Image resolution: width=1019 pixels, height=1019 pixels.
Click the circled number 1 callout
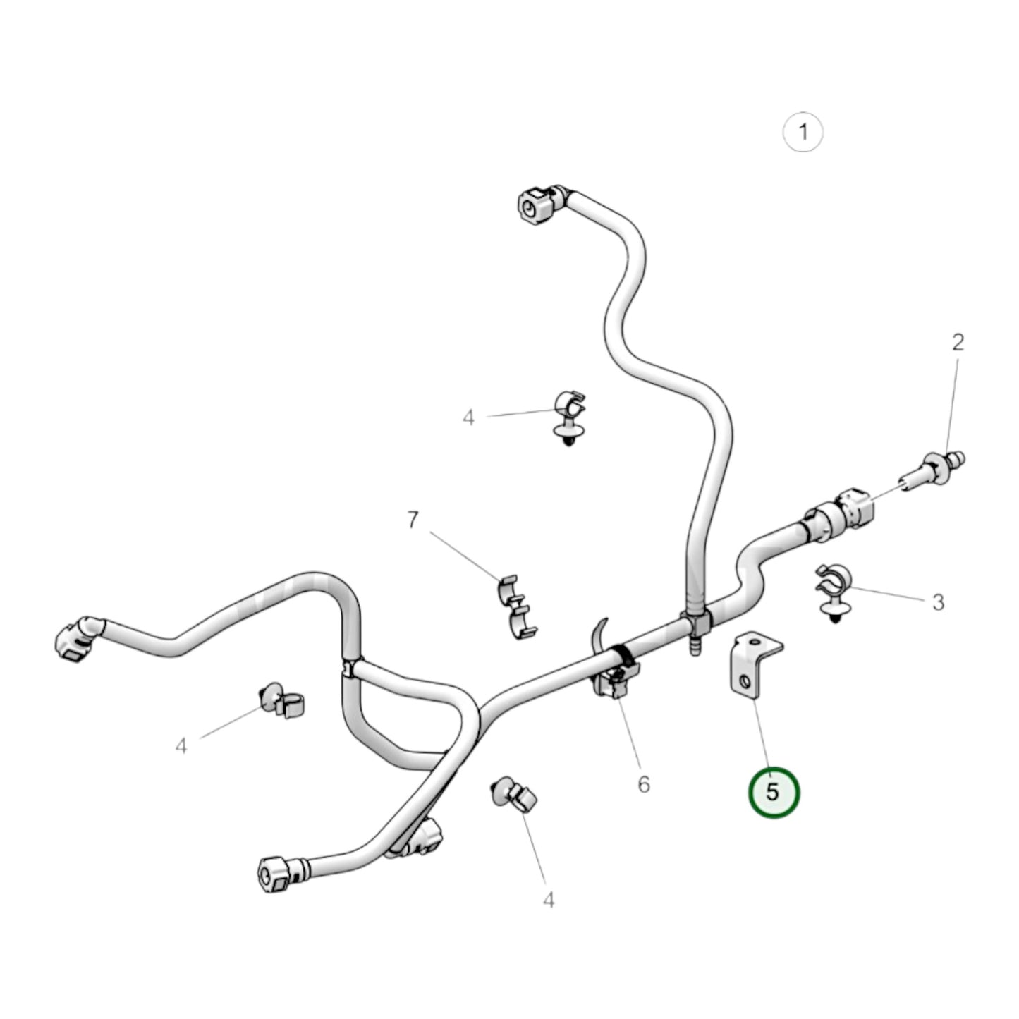coord(803,132)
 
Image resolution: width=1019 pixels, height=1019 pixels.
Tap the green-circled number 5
coord(773,807)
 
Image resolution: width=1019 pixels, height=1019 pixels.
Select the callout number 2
coord(958,343)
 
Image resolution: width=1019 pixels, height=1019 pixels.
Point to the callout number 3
coord(938,602)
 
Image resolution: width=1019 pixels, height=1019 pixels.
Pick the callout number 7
coord(413,520)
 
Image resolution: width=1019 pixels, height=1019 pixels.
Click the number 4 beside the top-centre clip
coord(468,418)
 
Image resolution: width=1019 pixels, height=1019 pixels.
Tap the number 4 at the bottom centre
coord(549,899)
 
